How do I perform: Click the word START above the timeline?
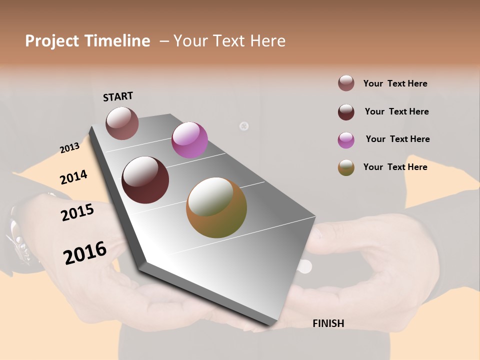pyautogui.click(x=118, y=96)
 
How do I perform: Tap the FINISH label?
pyautogui.click(x=328, y=323)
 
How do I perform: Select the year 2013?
pyautogui.click(x=69, y=147)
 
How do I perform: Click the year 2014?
pyautogui.click(x=73, y=177)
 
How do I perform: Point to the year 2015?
pyautogui.click(x=77, y=213)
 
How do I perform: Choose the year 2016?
pyautogui.click(x=85, y=253)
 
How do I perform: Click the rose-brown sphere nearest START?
pyautogui.click(x=122, y=123)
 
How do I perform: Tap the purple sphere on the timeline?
pyautogui.click(x=189, y=140)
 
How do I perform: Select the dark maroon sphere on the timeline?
pyautogui.click(x=145, y=180)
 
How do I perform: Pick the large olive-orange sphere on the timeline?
pyautogui.click(x=216, y=207)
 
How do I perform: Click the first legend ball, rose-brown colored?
pyautogui.click(x=346, y=83)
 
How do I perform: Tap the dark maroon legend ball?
pyautogui.click(x=346, y=112)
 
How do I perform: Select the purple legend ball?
pyautogui.click(x=346, y=140)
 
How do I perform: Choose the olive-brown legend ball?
pyautogui.click(x=346, y=167)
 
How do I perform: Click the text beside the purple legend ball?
pyautogui.click(x=397, y=139)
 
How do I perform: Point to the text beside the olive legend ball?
pyautogui.click(x=395, y=167)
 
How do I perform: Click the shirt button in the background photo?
pyautogui.click(x=244, y=126)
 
